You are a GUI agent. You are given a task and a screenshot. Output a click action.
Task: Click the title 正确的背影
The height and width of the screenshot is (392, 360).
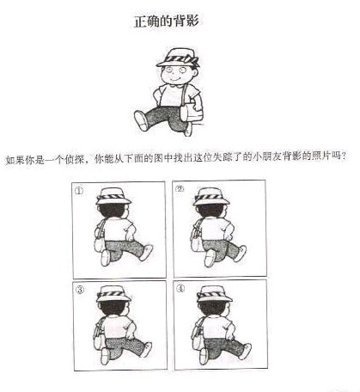coord(167,21)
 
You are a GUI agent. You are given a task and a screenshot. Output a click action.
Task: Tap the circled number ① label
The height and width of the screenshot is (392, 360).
coord(79,191)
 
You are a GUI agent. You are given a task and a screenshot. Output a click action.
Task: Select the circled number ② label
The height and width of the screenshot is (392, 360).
coord(180,189)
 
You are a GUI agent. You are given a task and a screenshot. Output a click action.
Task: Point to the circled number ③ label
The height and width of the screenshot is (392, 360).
coord(80,290)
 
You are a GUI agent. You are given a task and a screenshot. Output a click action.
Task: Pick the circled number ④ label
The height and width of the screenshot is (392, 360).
coord(180,289)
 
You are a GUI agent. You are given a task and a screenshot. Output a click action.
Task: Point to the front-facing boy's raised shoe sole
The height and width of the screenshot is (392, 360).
coord(141,120)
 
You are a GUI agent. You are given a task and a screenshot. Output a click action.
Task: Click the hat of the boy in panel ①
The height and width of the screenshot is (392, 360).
coord(113,196)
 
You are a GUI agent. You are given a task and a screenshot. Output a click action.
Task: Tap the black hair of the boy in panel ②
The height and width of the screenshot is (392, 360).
coord(211,210)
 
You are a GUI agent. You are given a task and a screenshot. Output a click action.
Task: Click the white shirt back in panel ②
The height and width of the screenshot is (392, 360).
coord(214,229)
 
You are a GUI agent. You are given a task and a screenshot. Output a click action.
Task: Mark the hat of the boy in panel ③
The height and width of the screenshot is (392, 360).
coord(113,294)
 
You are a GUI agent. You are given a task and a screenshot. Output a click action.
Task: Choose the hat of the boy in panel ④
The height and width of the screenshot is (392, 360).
coord(214,294)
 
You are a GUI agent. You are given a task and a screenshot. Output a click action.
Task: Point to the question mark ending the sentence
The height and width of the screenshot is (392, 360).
coord(344,156)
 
